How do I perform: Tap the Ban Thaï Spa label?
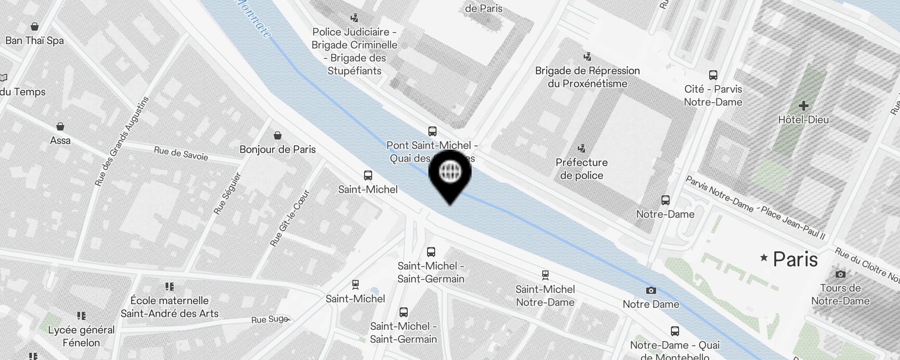35,40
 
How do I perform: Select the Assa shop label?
60,140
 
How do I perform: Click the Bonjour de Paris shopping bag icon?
278,135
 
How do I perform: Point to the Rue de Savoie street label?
181,153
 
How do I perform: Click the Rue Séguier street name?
228,193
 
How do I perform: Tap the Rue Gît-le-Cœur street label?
290,218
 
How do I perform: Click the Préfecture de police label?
581,169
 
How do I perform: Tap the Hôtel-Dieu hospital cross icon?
803,106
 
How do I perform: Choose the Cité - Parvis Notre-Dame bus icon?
713,75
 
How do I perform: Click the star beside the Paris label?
764,258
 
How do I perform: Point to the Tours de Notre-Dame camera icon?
840,274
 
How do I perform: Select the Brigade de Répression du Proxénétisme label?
587,77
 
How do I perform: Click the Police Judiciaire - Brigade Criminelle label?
355,51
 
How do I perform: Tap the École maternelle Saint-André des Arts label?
170,307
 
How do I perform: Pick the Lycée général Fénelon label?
81,336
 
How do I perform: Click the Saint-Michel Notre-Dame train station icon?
545,274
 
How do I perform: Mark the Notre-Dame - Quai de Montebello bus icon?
675,332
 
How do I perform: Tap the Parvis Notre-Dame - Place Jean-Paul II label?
755,207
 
